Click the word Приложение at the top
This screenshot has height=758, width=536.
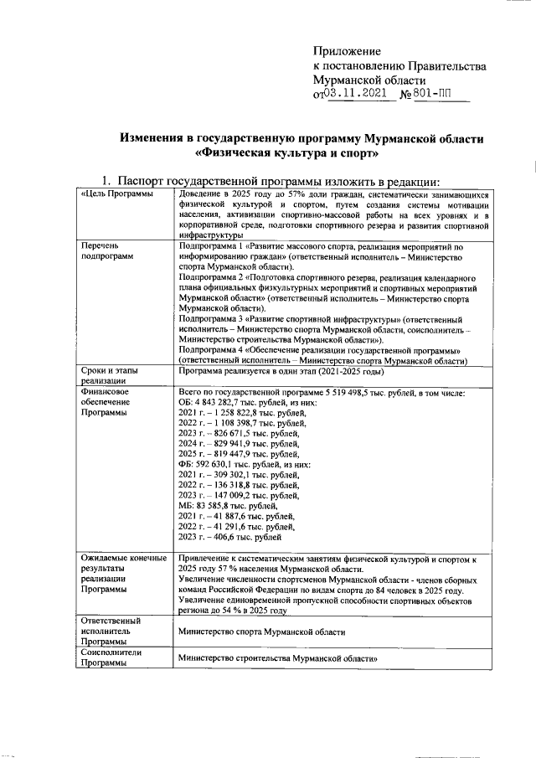click(347, 52)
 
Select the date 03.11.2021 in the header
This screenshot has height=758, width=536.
click(356, 94)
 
